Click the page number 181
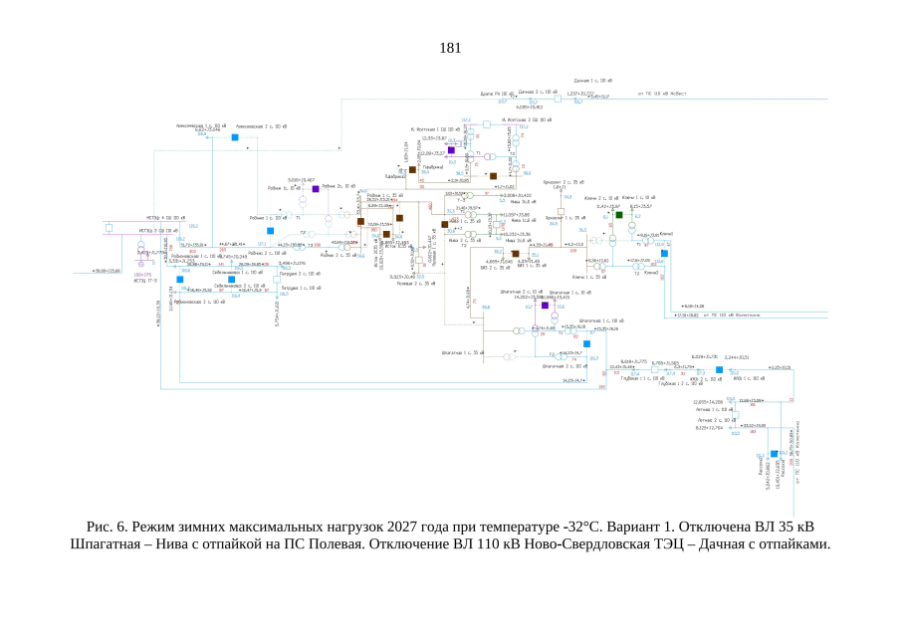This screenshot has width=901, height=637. coord(450,48)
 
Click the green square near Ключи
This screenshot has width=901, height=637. coord(618,214)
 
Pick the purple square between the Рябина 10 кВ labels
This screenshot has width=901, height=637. coord(316,188)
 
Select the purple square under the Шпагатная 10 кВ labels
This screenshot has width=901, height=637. coord(545,305)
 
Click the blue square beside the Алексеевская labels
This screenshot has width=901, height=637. coord(235,137)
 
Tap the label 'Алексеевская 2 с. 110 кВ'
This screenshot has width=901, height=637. coord(261,126)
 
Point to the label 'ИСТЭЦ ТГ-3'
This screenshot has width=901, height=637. coord(146,280)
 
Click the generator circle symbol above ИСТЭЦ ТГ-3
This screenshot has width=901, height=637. coord(141,267)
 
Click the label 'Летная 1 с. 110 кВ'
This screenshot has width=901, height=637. coord(716,409)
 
